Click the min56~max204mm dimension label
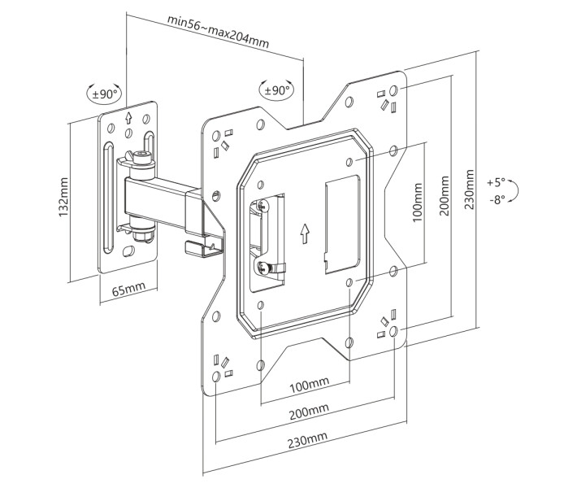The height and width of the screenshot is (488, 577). click(218, 31)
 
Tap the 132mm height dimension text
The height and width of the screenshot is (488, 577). click(63, 197)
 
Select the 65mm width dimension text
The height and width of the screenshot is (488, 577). click(128, 289)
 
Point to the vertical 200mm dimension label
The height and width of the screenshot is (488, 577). click(445, 195)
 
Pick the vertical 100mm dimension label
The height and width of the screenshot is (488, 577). click(417, 203)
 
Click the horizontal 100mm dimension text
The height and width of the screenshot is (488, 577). click(310, 385)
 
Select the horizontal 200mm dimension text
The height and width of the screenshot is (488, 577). click(309, 412)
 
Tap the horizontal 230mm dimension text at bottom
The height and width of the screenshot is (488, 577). click(308, 440)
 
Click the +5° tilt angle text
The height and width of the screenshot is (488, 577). click(496, 182)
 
